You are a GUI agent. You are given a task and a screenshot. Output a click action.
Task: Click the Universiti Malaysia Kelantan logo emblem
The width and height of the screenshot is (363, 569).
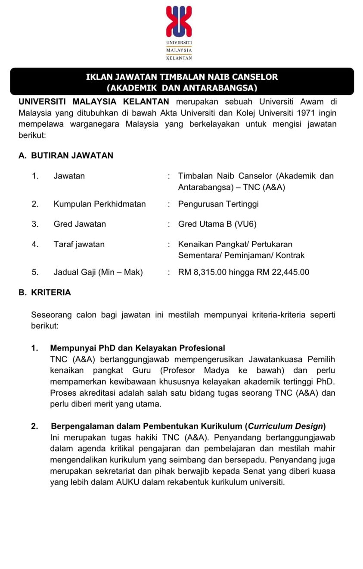click(x=179, y=22)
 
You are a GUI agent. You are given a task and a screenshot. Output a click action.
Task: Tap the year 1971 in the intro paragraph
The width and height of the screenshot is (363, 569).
click(x=310, y=113)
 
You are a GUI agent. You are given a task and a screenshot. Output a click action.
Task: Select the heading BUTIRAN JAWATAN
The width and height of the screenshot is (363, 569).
click(x=72, y=156)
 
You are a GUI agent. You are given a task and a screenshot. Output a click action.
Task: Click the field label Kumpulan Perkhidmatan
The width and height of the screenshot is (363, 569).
click(x=99, y=204)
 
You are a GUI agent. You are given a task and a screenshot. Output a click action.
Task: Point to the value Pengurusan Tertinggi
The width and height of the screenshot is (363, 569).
click(x=218, y=204)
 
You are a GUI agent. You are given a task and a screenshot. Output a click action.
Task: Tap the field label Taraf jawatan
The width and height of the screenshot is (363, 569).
click(x=79, y=244)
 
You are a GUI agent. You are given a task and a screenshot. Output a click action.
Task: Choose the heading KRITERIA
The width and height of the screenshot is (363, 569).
click(x=51, y=292)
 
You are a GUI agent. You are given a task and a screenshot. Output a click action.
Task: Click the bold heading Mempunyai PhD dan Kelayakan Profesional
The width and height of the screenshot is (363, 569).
click(x=137, y=348)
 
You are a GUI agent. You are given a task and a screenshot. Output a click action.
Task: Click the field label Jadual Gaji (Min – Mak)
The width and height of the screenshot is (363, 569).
click(x=98, y=272)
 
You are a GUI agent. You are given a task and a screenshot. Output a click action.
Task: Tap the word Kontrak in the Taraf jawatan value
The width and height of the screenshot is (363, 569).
click(x=290, y=255)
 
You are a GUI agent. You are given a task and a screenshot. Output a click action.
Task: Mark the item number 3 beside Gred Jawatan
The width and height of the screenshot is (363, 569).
click(x=35, y=224)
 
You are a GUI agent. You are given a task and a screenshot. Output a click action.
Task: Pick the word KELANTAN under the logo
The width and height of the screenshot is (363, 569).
click(x=179, y=58)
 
